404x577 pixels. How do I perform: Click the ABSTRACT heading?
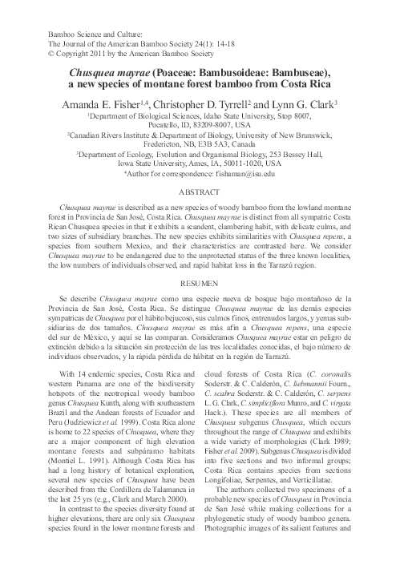point(201,193)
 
